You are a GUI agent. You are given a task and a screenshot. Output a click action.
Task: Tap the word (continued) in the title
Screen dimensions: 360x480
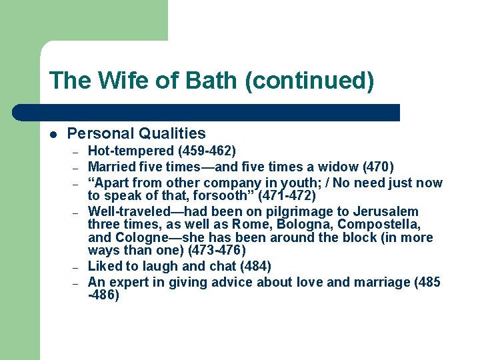pyautogui.click(x=309, y=81)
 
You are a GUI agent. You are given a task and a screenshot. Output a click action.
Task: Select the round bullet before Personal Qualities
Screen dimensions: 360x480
pyautogui.click(x=53, y=134)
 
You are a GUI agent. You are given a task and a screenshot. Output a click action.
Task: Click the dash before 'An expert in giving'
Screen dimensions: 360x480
pyautogui.click(x=77, y=282)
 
